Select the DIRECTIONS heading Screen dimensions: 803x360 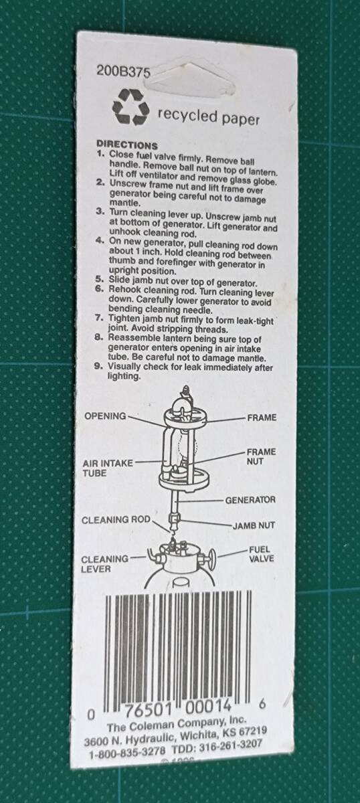(x=127, y=145)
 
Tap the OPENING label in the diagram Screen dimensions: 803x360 (x=105, y=416)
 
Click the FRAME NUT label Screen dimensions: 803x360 (x=260, y=456)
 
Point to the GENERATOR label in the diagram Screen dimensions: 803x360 (x=250, y=500)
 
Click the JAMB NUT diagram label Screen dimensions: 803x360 (x=254, y=526)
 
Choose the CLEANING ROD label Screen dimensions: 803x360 (x=116, y=520)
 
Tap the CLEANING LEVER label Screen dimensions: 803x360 (x=104, y=563)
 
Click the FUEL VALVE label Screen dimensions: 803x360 (x=259, y=553)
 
